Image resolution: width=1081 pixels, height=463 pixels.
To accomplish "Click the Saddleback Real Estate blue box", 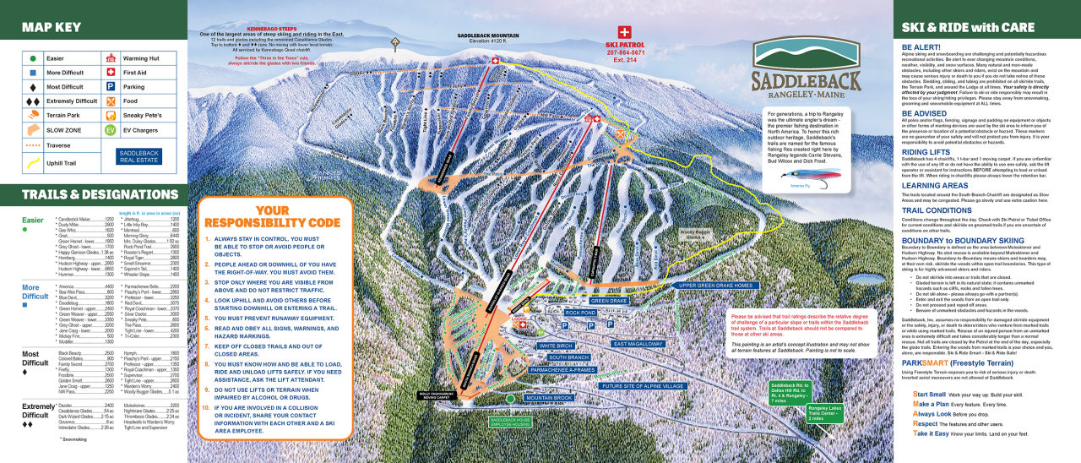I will coord(139,155).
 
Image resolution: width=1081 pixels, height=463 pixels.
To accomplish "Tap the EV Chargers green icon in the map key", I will coord(110,130).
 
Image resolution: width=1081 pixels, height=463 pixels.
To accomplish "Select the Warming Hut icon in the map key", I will coord(110,58).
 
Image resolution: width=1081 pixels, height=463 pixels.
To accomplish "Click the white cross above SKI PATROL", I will coord(625,31).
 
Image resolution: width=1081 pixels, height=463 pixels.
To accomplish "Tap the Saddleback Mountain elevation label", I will coord(489,38).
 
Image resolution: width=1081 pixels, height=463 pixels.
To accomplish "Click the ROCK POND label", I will coord(581,313).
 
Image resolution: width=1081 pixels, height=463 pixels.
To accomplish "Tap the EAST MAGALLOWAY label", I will coord(638,344).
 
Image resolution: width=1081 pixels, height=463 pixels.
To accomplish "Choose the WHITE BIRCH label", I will coord(556,346).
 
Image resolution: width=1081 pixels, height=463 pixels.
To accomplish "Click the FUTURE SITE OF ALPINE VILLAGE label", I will coord(642,386).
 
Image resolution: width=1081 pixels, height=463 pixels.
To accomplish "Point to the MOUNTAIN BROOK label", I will coord(549,397).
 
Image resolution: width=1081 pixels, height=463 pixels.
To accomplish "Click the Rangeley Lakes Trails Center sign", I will coord(824,413).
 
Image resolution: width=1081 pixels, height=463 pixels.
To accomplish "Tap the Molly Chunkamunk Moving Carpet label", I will coord(436,395).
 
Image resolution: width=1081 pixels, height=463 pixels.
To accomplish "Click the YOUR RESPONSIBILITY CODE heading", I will coord(272,216).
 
